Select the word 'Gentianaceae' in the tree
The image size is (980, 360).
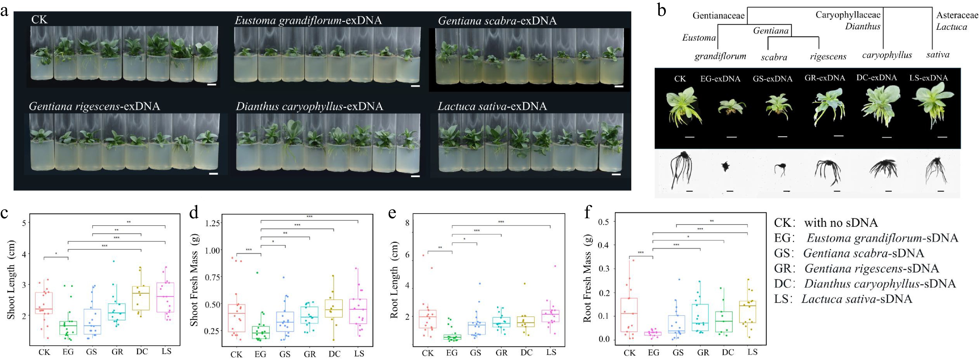pos(718,16)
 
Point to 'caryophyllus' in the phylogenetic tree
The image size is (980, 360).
pos(887,55)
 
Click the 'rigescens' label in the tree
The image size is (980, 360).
pos(828,57)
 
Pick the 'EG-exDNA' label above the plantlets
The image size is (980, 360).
pos(720,79)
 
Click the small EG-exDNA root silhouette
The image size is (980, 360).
pos(726,166)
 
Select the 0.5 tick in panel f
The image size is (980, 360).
pos(604,221)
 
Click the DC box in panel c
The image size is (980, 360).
pos(141,299)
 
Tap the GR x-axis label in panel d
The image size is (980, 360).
pos(310,354)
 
